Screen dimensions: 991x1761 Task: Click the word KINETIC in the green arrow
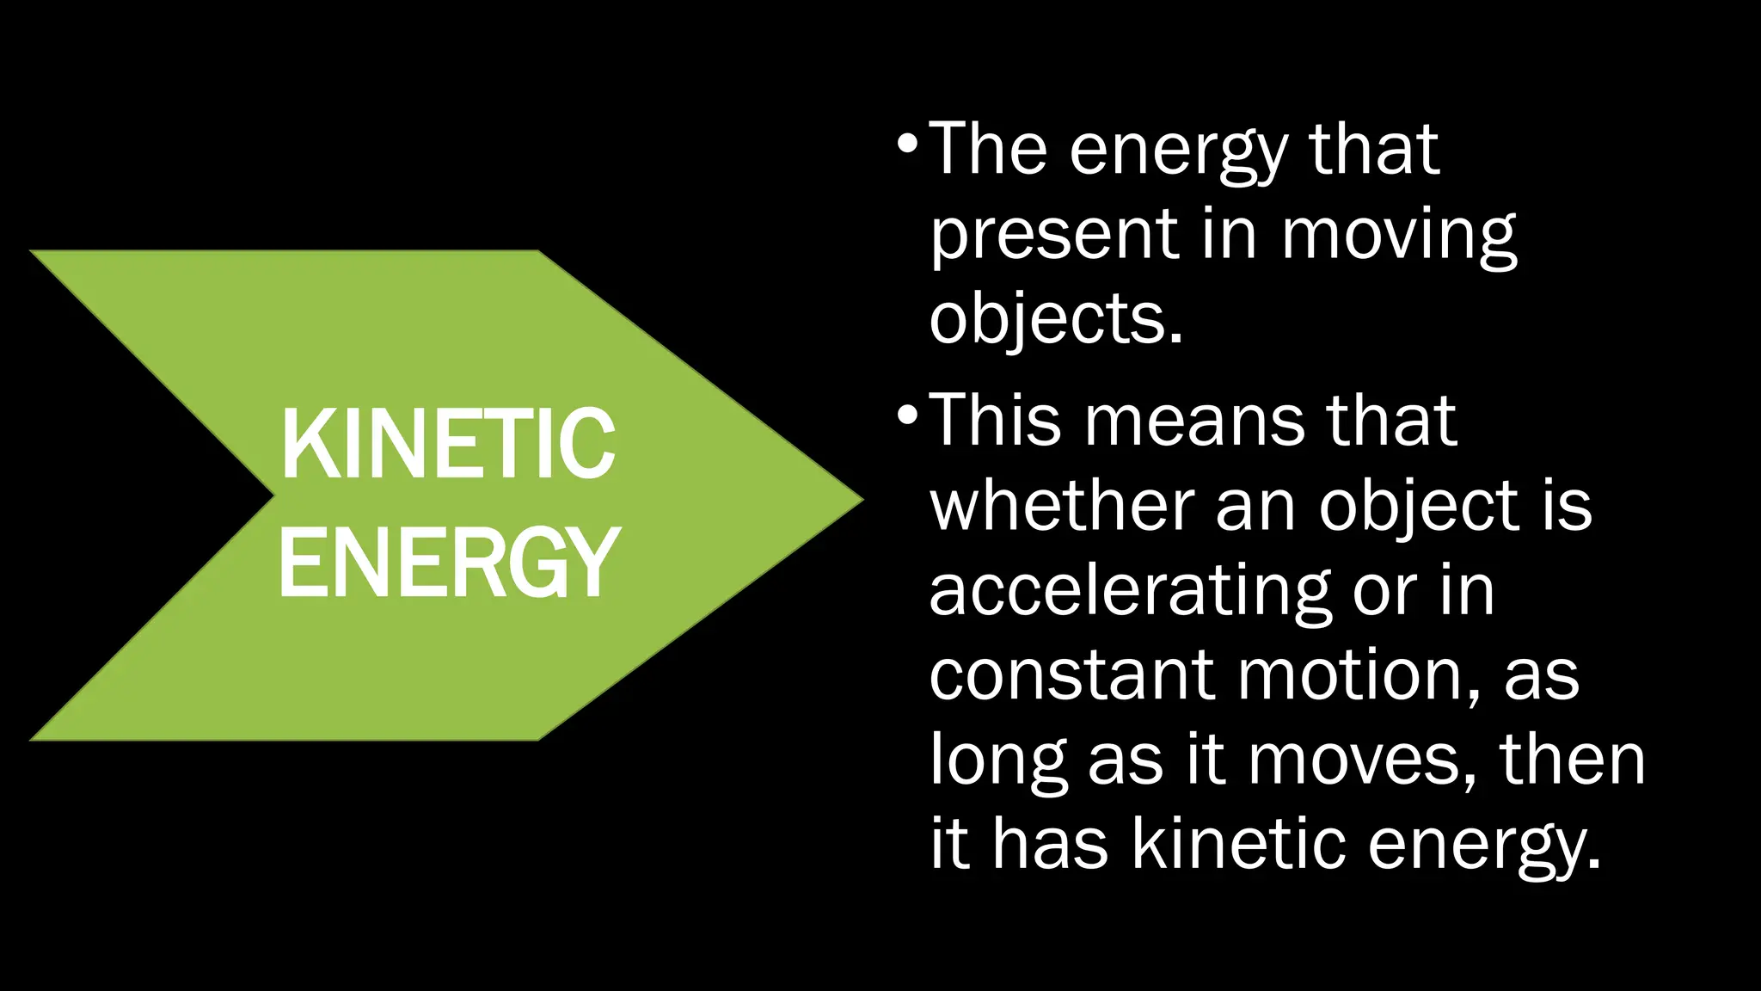point(448,444)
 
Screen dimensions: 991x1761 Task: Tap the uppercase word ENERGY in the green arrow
point(448,562)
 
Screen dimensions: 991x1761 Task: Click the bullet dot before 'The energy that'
point(906,143)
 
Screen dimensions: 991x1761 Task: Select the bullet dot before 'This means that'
point(906,415)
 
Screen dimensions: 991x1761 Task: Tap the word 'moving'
point(1399,236)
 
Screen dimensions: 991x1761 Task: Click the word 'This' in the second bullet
point(996,421)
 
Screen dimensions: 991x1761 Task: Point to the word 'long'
point(998,761)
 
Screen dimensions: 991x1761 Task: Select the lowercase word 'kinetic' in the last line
point(1238,844)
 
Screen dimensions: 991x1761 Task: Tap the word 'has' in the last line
point(1050,844)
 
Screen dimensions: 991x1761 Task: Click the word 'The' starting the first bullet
point(989,150)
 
